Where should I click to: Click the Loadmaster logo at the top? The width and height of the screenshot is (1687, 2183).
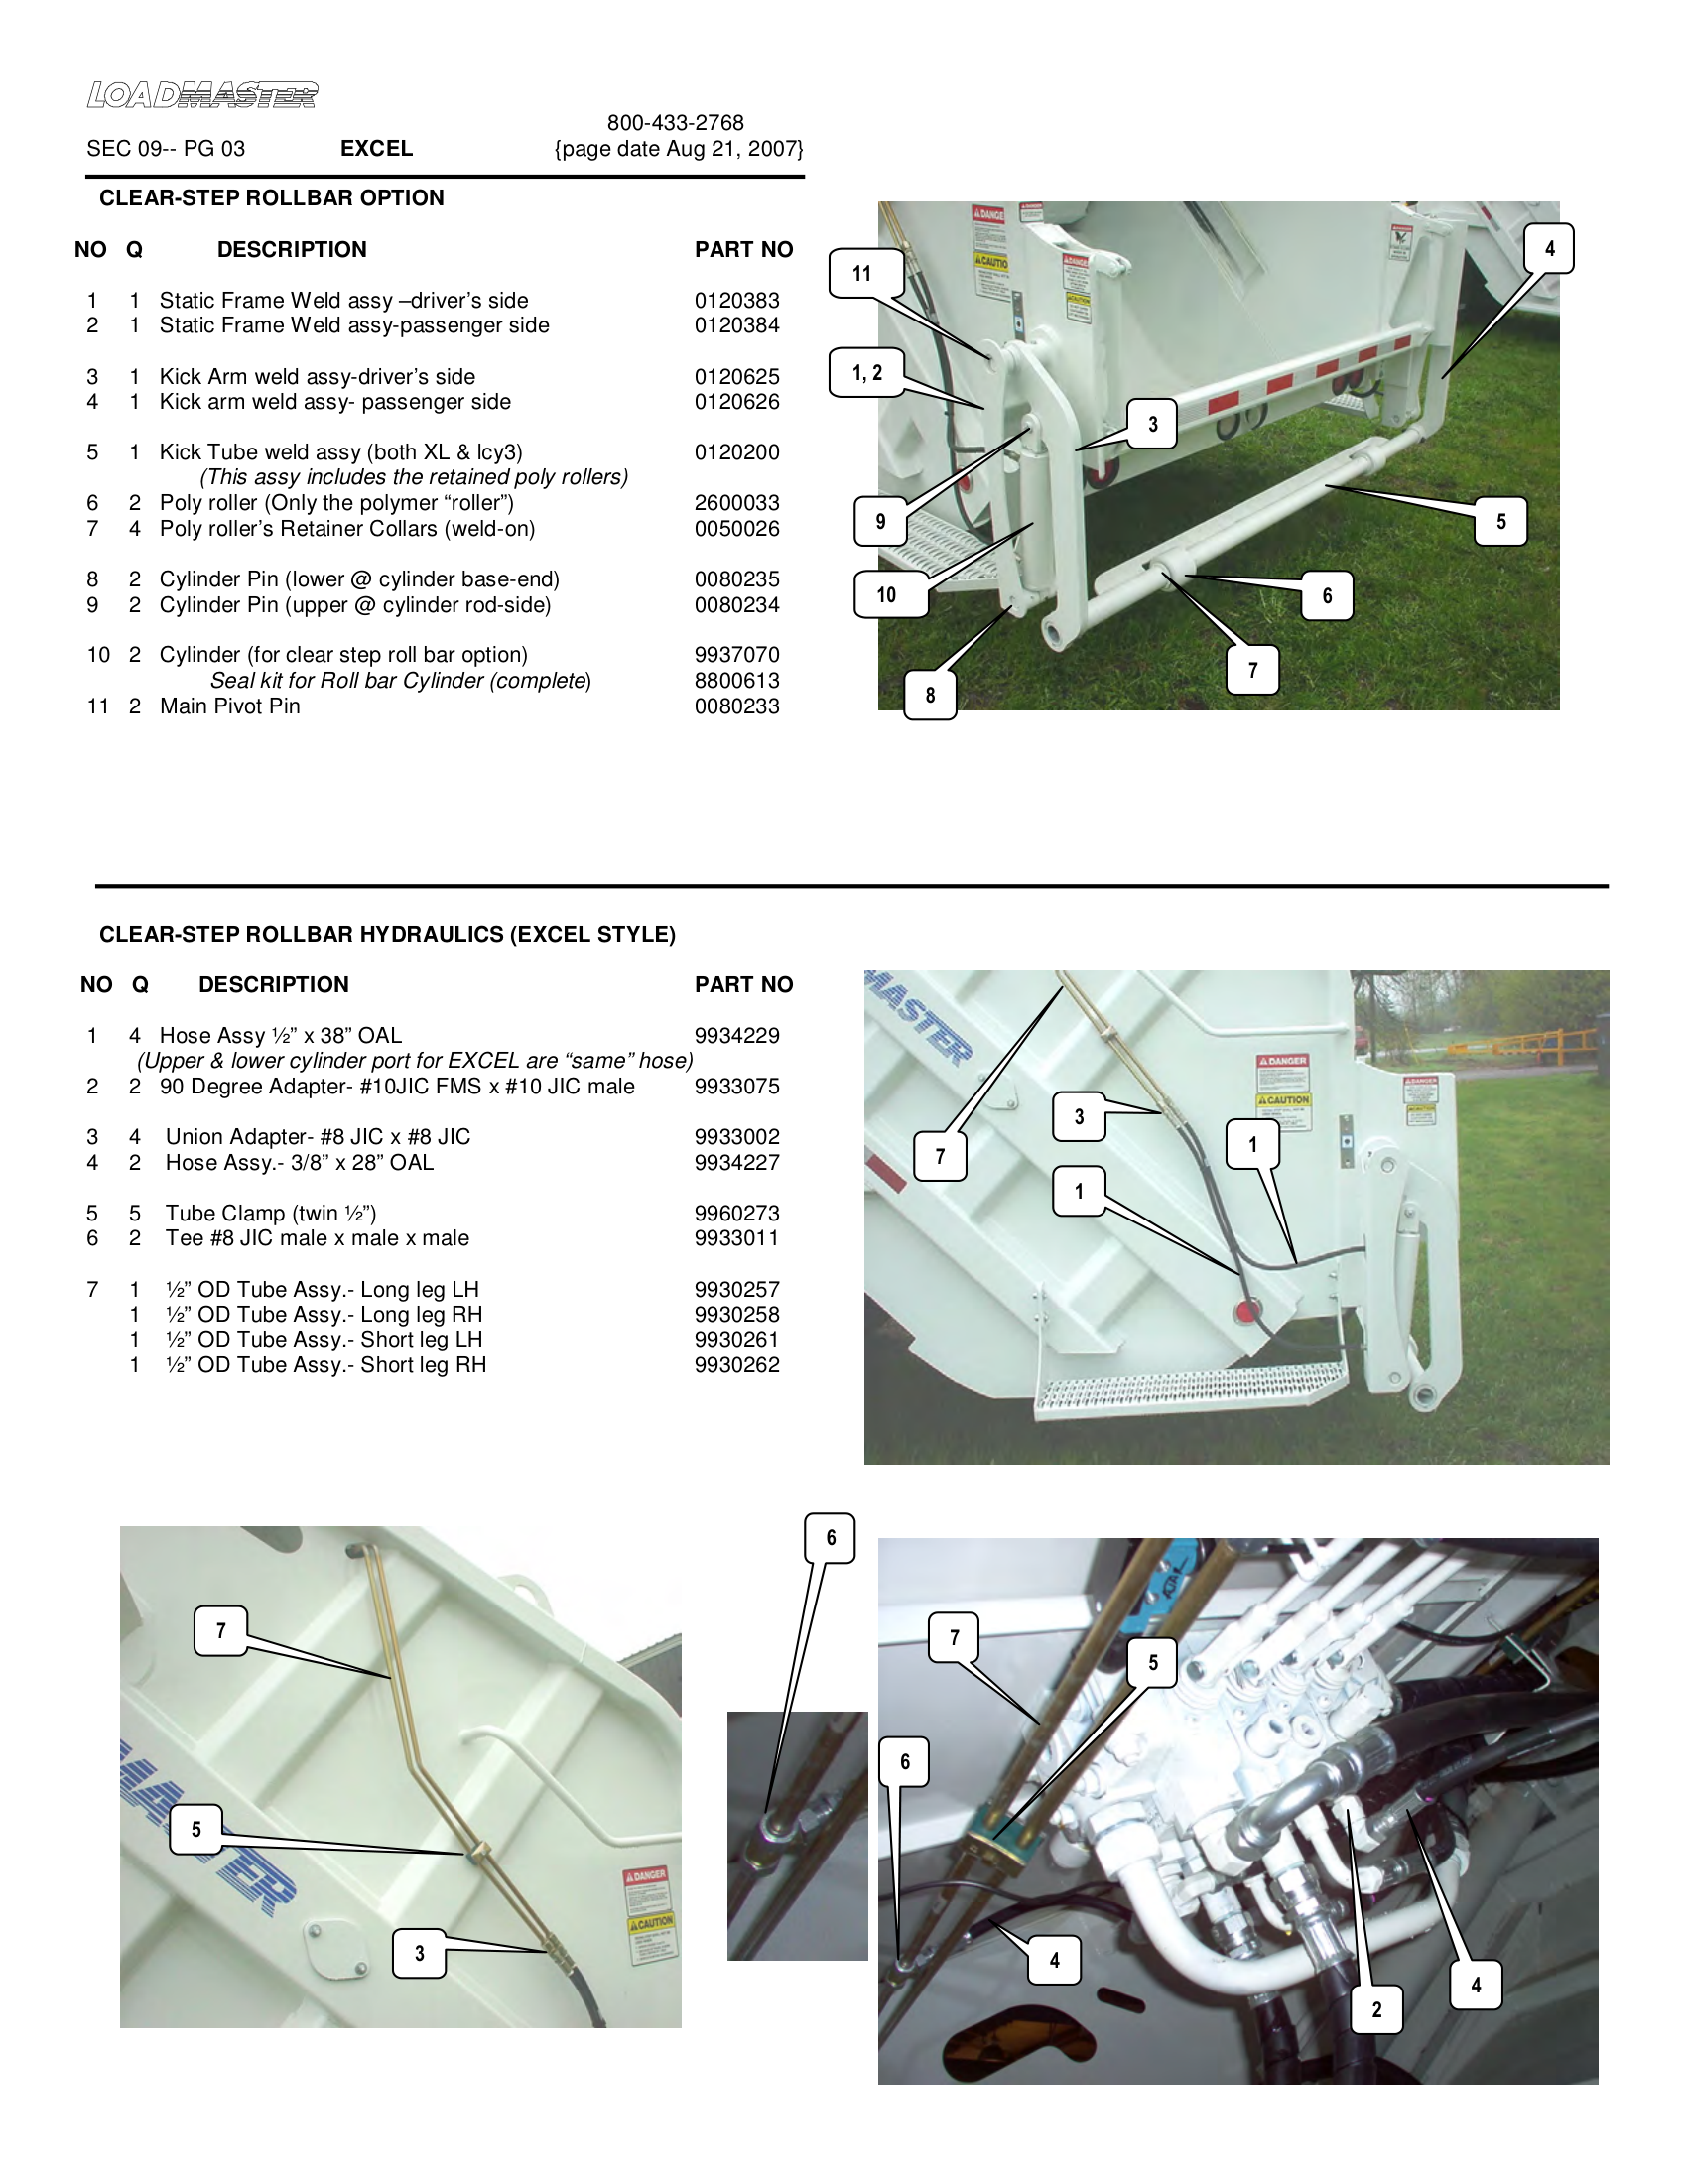[201, 95]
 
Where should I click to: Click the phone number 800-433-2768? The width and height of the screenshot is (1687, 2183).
[675, 123]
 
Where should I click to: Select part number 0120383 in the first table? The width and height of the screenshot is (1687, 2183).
[736, 300]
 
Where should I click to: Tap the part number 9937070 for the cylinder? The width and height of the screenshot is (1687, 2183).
[736, 655]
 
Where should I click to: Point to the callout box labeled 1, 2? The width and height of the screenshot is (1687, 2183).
[866, 373]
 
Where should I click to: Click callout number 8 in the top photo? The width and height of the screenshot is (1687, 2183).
[930, 695]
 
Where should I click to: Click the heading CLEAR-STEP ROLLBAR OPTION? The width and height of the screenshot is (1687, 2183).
[271, 197]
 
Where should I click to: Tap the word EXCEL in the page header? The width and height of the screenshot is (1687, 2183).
[376, 149]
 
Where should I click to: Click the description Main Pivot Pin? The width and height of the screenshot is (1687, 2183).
[230, 706]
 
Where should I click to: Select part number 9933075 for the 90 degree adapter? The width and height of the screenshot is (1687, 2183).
[736, 1087]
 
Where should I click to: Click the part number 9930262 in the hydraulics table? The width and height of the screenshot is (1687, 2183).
[736, 1365]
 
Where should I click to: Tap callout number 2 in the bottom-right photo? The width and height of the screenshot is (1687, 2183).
[1376, 2009]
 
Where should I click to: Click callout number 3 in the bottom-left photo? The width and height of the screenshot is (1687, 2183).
[419, 1952]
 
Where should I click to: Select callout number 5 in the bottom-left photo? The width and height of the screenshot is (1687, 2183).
[195, 1829]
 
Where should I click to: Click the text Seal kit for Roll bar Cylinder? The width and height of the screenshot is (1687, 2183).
[400, 681]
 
